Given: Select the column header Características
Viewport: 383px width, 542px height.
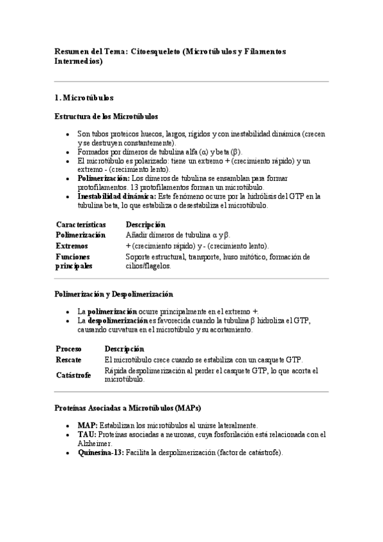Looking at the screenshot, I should [x=81, y=225].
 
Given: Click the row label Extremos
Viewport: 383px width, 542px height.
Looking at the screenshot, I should [x=72, y=245].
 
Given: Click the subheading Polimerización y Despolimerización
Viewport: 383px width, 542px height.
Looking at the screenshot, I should [x=114, y=295].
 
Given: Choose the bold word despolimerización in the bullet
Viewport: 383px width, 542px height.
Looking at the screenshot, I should [x=118, y=321].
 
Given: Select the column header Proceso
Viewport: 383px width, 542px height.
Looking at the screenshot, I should [x=68, y=349].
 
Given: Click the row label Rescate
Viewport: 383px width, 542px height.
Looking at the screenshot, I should [x=68, y=360].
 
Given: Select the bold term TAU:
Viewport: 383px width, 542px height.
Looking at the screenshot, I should [x=87, y=435].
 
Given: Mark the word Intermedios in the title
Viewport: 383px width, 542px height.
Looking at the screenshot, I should [x=77, y=62].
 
